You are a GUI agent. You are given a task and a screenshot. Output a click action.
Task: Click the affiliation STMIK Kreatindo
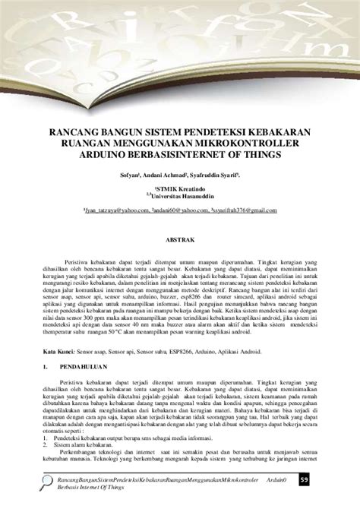pyautogui.click(x=180, y=188)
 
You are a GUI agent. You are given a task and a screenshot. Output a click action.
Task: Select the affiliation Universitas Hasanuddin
pyautogui.click(x=181, y=196)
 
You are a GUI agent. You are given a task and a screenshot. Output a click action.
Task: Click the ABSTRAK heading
pyautogui.click(x=179, y=239)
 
